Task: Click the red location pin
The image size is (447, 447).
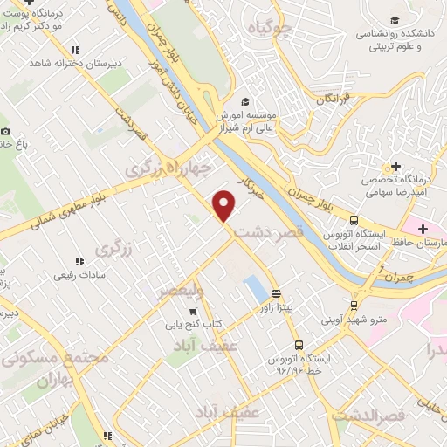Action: tap(224, 204)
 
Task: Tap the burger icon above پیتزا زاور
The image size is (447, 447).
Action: tap(277, 293)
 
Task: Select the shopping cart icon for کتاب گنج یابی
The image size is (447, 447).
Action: tap(193, 310)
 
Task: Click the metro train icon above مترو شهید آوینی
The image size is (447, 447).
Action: tap(354, 305)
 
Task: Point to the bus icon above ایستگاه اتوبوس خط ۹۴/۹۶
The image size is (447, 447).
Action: tap(299, 344)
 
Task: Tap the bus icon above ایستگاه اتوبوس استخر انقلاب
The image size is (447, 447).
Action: tap(354, 220)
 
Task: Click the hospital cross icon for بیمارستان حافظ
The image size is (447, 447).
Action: tap(423, 229)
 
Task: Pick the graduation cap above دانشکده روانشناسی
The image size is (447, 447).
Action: tap(395, 20)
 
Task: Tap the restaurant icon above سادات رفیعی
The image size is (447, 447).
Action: tap(79, 260)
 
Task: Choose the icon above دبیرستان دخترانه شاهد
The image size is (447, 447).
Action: tap(76, 50)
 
